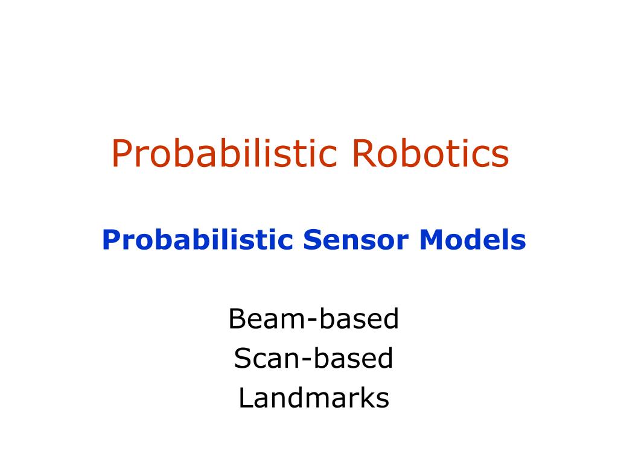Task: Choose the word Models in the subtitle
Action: click(x=473, y=239)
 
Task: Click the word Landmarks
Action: click(x=314, y=398)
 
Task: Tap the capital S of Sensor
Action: click(x=312, y=240)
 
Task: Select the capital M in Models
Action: click(x=431, y=239)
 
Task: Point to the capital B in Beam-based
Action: click(x=238, y=318)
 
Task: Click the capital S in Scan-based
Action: click(x=243, y=358)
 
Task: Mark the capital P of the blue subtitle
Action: click(x=111, y=239)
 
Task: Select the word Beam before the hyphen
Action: click(x=267, y=318)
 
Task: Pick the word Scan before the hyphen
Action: click(x=267, y=358)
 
